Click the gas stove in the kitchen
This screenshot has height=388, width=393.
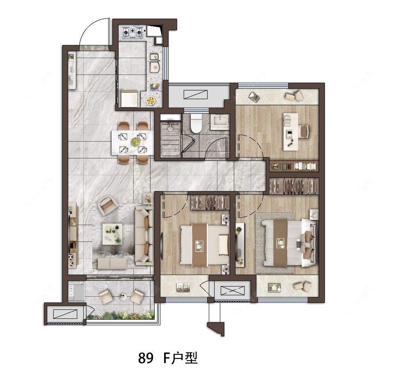132,31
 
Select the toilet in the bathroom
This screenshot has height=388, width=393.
196,123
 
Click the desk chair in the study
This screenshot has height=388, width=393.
304,131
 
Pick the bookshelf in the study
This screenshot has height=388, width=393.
294,166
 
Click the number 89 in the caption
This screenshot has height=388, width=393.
146,359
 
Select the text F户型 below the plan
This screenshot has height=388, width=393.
181,359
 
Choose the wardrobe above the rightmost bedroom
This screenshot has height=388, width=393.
294,185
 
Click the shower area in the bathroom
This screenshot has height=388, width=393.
169,139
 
